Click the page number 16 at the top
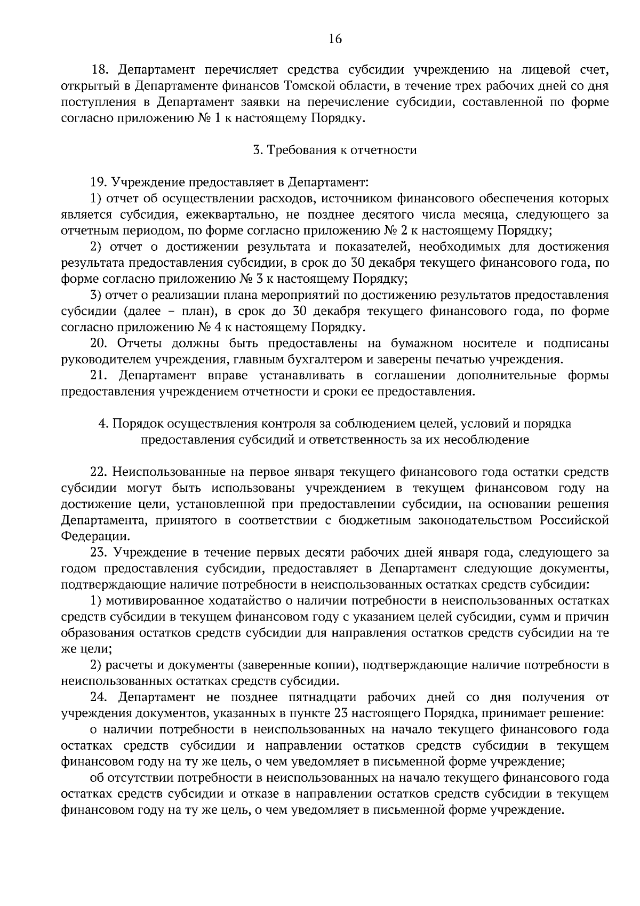pyautogui.click(x=335, y=38)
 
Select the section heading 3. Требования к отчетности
pyautogui.click(x=335, y=150)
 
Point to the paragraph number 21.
pyautogui.click(x=100, y=376)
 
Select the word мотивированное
pyautogui.click(x=151, y=601)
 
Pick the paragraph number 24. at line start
pyautogui.click(x=100, y=697)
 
